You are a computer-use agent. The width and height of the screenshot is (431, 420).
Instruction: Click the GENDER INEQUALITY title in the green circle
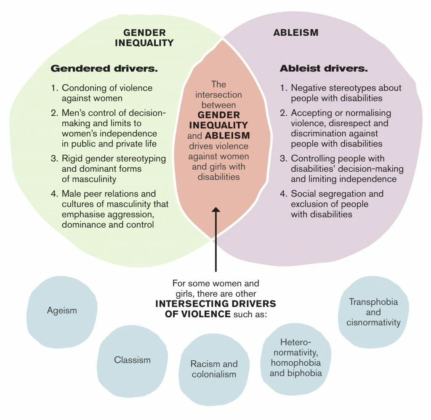[144, 37]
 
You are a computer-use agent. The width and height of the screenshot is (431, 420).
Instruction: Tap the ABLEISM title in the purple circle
[296, 32]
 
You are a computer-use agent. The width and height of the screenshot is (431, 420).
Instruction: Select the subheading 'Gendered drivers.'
[104, 68]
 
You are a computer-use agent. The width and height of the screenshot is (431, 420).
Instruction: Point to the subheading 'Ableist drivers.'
[324, 68]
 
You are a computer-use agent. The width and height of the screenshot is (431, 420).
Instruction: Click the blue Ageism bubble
[62, 311]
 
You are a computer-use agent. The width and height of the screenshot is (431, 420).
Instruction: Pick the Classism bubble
[132, 360]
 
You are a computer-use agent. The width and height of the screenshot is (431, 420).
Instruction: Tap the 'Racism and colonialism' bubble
[214, 369]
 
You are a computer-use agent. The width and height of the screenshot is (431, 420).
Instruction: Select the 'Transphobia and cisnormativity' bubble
[373, 312]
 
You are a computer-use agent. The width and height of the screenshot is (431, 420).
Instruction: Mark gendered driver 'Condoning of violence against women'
[107, 93]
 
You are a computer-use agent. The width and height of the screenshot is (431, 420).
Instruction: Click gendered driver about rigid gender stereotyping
[114, 169]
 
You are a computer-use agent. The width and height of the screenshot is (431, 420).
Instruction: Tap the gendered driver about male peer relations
[114, 209]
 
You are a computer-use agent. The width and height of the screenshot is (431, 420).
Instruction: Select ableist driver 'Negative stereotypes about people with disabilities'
[346, 93]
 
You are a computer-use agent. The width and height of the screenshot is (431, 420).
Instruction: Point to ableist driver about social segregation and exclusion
[337, 204]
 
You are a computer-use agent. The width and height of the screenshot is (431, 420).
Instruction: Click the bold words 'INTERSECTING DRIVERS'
[215, 303]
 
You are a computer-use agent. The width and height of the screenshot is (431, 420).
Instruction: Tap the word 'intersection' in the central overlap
[218, 94]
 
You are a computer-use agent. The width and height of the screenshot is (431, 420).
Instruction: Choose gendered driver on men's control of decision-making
[114, 128]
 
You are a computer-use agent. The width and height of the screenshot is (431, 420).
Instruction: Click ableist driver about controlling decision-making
[347, 169]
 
